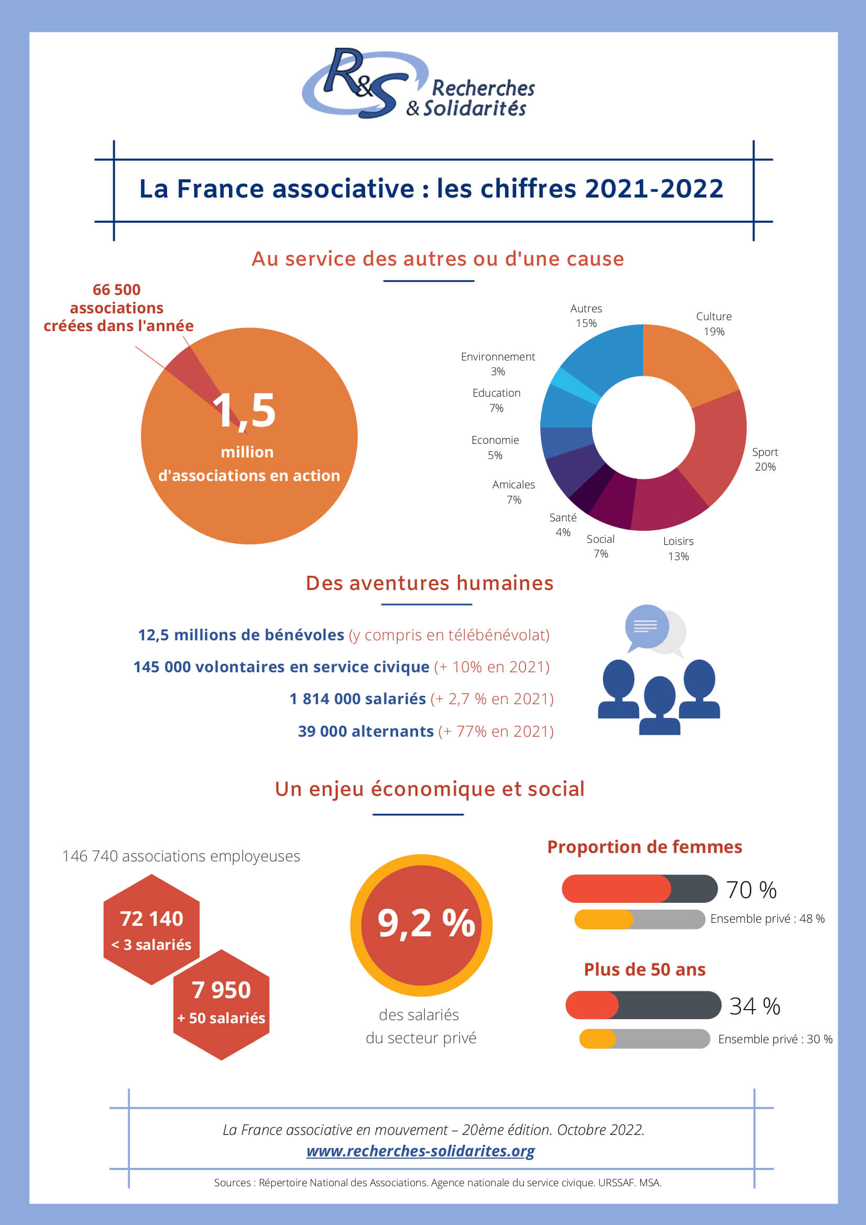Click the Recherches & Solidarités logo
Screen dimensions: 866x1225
click(418, 83)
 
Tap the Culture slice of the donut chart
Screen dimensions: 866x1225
click(688, 363)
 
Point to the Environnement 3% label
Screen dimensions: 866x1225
click(498, 364)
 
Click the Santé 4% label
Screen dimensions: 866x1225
click(563, 524)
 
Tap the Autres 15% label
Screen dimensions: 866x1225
click(586, 316)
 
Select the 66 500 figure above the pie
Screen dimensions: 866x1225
click(117, 290)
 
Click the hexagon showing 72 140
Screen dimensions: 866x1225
click(151, 929)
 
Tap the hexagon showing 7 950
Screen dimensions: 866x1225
click(222, 1004)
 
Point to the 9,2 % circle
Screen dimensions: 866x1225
click(422, 925)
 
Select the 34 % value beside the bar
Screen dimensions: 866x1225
click(755, 1005)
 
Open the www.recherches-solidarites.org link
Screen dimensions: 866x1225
click(421, 1151)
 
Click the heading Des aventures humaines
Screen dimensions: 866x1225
click(430, 583)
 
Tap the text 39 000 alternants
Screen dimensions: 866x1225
click(366, 731)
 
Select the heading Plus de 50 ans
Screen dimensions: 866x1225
click(644, 969)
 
